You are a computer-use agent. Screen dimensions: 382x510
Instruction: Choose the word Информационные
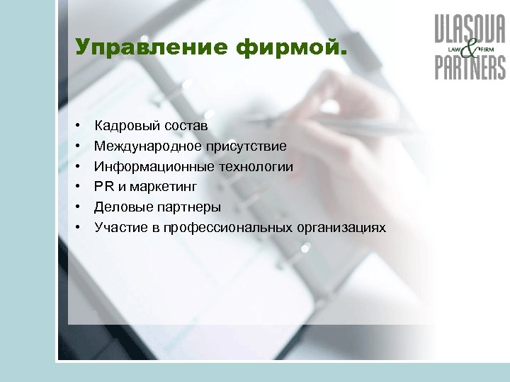(x=147, y=167)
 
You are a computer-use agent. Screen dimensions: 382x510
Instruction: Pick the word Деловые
(x=119, y=207)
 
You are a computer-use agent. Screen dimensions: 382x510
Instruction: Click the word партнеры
(x=184, y=207)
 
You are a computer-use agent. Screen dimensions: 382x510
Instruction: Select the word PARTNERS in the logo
(x=470, y=68)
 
